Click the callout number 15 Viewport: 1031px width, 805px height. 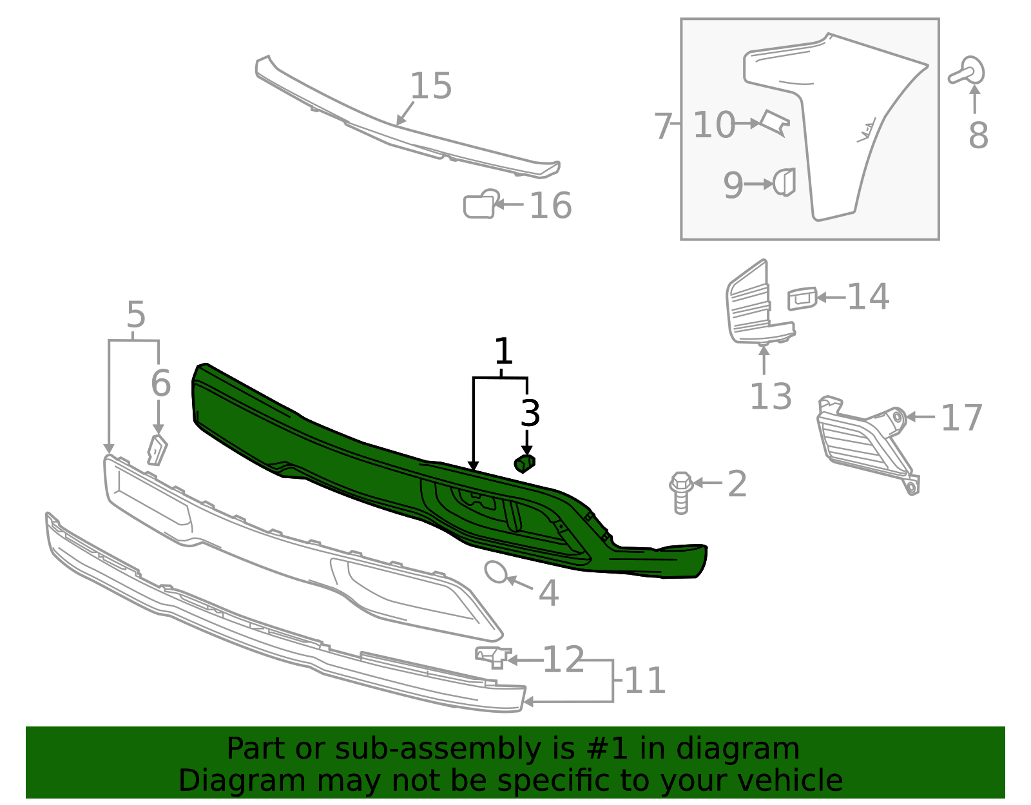(430, 86)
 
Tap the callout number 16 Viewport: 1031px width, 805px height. (550, 206)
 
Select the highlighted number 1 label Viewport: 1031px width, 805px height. (503, 353)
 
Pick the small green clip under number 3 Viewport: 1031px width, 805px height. (525, 463)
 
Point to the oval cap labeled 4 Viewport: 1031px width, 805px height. (496, 572)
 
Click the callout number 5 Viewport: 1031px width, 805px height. (135, 316)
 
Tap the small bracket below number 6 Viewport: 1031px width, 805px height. (157, 450)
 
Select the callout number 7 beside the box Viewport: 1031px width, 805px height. (663, 126)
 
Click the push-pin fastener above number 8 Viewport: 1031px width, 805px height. (968, 72)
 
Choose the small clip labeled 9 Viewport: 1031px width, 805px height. (785, 182)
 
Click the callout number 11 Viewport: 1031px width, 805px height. (644, 681)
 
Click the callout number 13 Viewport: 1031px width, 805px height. (771, 397)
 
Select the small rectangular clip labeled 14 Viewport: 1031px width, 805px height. (802, 299)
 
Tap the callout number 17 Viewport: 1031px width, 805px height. (961, 418)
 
